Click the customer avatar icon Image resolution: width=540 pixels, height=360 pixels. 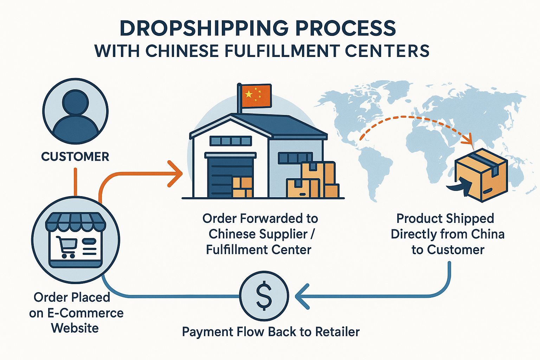pyautogui.click(x=75, y=111)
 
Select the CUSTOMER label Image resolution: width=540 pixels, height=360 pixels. pyautogui.click(x=75, y=156)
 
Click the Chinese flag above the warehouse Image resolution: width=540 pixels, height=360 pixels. pyautogui.click(x=255, y=95)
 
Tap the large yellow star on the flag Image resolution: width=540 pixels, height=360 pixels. pyautogui.click(x=249, y=94)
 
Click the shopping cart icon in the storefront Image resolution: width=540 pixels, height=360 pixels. pyautogui.click(x=67, y=246)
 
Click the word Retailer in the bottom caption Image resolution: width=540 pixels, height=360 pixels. pyautogui.click(x=337, y=332)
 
